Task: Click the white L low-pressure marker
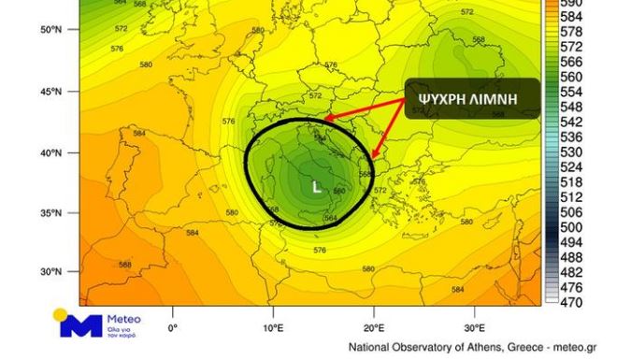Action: tap(316, 187)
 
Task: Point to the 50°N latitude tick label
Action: tap(50, 30)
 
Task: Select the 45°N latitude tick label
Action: tap(50, 92)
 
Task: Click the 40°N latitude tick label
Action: tap(50, 152)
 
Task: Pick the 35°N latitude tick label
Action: tap(50, 213)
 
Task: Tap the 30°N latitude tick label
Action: tap(50, 272)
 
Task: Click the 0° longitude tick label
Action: tap(172, 328)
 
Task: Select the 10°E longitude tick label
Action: tap(273, 328)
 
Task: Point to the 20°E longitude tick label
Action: tap(374, 328)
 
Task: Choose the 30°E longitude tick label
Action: tap(475, 328)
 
